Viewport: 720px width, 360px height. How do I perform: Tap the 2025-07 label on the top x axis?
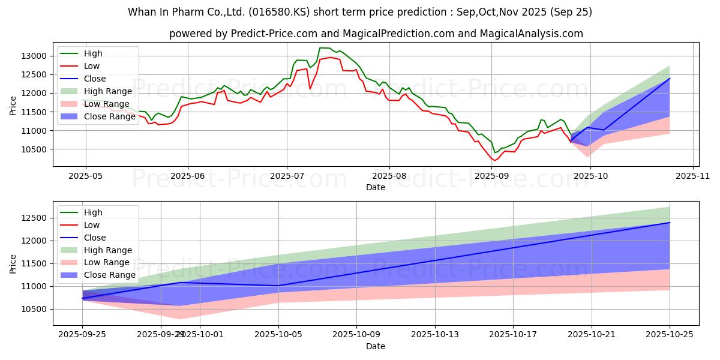click(286, 176)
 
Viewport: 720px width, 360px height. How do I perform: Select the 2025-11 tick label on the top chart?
click(693, 176)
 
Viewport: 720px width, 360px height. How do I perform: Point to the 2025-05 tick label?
click(85, 176)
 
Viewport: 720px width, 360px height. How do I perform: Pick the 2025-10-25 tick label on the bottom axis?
click(670, 334)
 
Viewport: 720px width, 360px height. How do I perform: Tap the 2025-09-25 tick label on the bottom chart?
click(83, 334)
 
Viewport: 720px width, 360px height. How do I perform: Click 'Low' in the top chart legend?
click(92, 66)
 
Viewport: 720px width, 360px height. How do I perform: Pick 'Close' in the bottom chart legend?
click(94, 238)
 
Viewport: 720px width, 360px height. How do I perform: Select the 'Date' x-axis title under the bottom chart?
click(376, 346)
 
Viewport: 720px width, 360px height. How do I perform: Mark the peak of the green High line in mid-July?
click(324, 47)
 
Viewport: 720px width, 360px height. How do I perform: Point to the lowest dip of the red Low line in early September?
click(494, 160)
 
